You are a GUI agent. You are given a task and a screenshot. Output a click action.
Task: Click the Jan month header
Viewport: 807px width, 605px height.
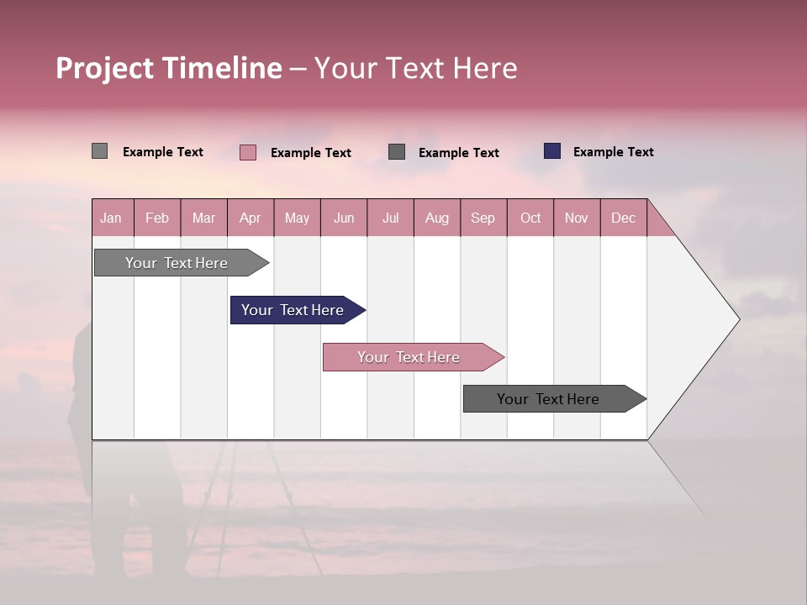[112, 218]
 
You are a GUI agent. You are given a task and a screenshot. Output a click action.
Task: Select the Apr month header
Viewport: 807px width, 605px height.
[251, 218]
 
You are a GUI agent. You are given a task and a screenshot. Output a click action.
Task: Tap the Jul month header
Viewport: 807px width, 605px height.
[390, 218]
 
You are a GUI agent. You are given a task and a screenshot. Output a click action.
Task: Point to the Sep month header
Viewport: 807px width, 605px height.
[483, 218]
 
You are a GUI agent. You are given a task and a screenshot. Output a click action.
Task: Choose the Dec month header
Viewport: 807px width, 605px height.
[623, 218]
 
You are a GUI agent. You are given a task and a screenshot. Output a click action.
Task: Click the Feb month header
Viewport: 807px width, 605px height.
[157, 218]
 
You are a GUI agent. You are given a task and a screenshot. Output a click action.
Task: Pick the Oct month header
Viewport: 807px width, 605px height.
[530, 218]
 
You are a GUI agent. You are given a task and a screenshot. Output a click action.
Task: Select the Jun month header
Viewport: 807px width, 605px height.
[344, 218]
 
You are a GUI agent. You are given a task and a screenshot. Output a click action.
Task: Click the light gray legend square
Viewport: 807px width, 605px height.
[99, 151]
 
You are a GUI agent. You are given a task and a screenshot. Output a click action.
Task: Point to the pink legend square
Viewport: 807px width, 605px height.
[247, 152]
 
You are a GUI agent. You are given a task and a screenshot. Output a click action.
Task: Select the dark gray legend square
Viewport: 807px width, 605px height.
[397, 151]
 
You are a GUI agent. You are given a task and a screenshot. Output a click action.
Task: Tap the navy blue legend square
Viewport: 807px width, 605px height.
[551, 151]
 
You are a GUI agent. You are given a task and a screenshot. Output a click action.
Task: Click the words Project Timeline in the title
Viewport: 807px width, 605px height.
[169, 68]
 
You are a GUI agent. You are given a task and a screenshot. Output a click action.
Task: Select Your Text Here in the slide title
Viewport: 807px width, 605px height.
[415, 68]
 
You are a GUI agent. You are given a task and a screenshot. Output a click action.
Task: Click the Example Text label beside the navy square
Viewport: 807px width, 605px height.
[613, 152]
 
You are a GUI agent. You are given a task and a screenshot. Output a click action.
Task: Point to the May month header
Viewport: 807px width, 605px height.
[297, 218]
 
